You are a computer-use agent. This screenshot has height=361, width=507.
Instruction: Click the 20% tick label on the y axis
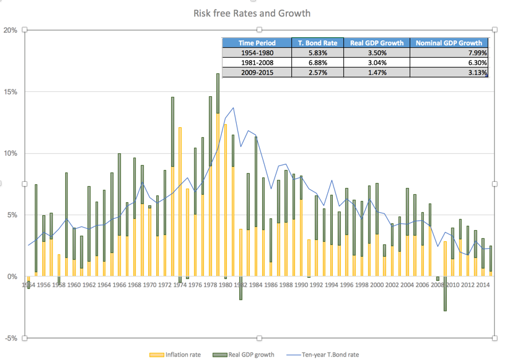[10, 30]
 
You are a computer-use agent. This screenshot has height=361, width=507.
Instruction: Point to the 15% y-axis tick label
[10, 92]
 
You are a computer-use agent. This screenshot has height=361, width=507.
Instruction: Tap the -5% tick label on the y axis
[10, 338]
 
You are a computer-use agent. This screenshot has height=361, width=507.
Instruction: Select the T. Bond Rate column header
[317, 43]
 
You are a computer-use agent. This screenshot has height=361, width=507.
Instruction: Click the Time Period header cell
[257, 43]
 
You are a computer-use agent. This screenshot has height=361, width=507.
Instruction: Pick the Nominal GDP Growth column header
[449, 43]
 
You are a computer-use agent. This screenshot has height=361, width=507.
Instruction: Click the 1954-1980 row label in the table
[257, 53]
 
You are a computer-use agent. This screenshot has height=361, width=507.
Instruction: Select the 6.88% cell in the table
[317, 63]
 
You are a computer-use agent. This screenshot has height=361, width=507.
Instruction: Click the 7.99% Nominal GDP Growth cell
[449, 53]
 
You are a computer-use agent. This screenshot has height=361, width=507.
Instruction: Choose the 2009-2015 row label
[257, 73]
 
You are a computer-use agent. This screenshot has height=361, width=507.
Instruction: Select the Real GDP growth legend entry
[250, 355]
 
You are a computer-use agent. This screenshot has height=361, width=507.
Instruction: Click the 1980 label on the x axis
[225, 285]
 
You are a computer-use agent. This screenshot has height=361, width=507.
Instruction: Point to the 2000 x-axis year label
[376, 285]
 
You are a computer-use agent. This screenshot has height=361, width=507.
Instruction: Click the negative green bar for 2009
[444, 293]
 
